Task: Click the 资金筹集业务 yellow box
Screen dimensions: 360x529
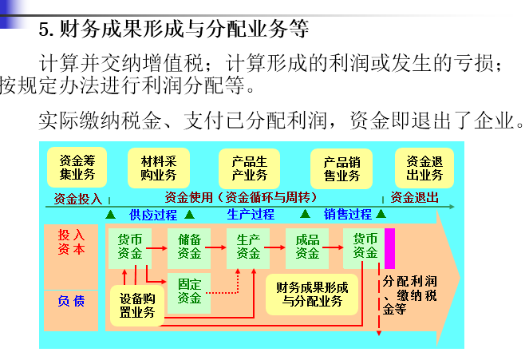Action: point(77,167)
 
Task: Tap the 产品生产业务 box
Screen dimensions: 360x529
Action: point(249,167)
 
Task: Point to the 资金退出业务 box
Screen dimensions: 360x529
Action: point(424,167)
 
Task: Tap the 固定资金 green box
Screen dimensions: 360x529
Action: point(189,291)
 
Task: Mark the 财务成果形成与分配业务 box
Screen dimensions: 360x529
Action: point(312,295)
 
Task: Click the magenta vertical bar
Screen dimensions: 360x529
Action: point(389,249)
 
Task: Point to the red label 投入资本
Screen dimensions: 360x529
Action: point(70,243)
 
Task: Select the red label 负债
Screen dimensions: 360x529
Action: point(70,301)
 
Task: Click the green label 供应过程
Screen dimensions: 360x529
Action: point(152,215)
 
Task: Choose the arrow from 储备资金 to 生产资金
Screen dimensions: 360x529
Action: point(219,247)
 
